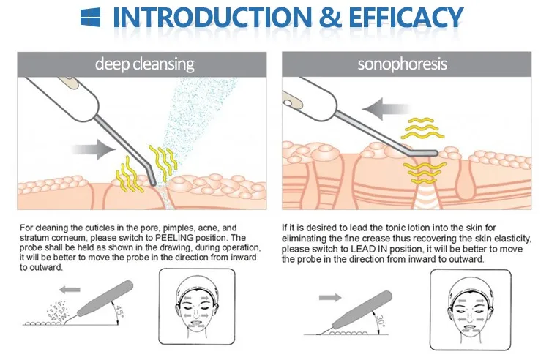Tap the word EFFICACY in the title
[x=392, y=18]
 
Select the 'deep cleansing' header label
[x=145, y=64]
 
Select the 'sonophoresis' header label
[x=402, y=64]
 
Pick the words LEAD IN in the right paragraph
[x=383, y=248]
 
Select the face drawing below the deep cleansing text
[x=197, y=306]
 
